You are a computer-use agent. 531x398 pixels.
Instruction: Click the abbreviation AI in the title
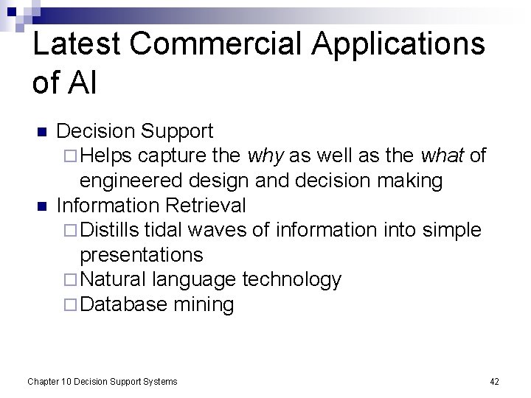click(x=86, y=83)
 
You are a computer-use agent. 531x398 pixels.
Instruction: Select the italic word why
click(x=266, y=156)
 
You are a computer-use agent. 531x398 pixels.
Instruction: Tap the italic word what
click(x=442, y=156)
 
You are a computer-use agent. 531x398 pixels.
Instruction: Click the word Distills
click(x=111, y=230)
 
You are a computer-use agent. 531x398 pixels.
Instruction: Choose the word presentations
click(x=141, y=255)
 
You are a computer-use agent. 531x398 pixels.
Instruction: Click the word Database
click(x=123, y=304)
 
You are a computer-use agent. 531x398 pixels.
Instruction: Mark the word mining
click(x=204, y=304)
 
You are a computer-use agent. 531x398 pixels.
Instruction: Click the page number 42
click(x=494, y=381)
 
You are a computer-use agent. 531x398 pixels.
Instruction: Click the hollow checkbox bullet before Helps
click(x=69, y=156)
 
